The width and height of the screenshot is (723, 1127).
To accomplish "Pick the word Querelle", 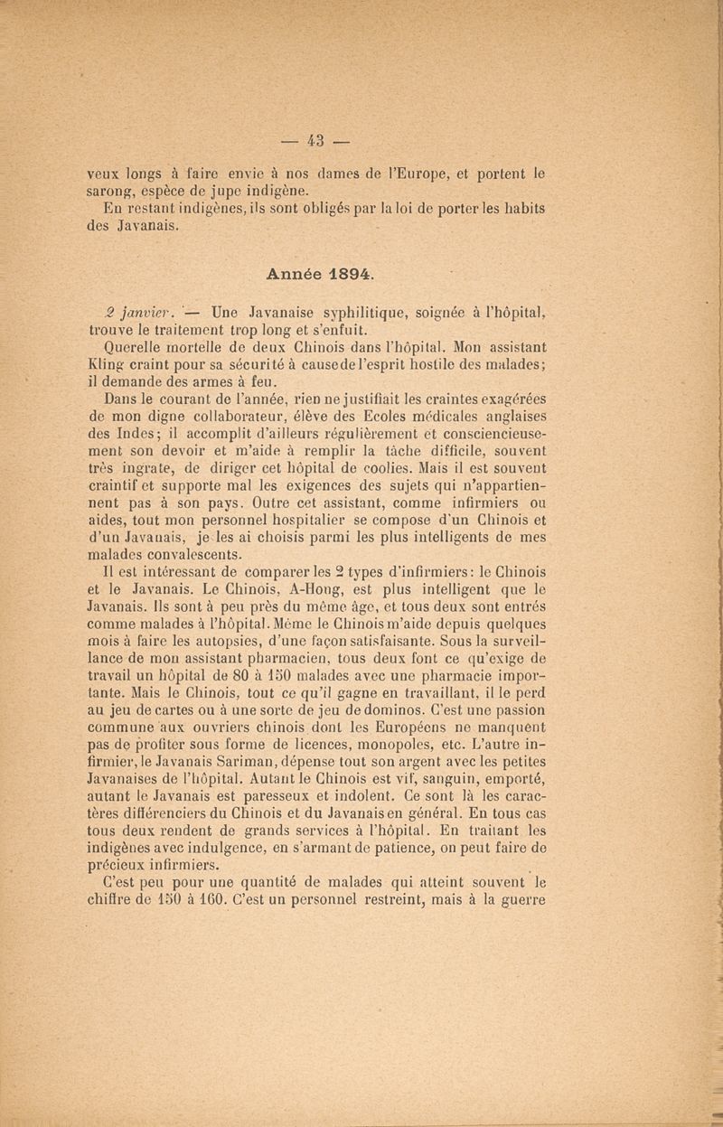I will tap(128, 346).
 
